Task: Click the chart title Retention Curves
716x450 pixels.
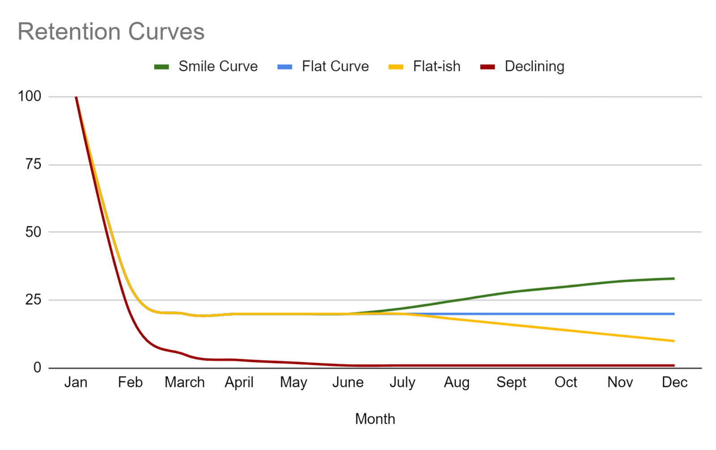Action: click(111, 32)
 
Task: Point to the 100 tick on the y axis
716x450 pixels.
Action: click(30, 96)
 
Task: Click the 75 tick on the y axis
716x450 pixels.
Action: click(33, 164)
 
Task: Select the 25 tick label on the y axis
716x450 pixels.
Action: click(33, 300)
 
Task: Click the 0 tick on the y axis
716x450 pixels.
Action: click(37, 368)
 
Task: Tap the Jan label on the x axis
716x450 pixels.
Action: click(76, 382)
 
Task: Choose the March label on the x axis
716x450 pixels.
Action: click(184, 382)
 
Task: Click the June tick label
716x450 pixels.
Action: click(348, 382)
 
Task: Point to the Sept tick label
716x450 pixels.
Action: click(511, 382)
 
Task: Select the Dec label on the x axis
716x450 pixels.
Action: click(674, 382)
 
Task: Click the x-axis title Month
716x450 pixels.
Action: click(375, 419)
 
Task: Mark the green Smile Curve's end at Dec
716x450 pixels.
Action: click(674, 279)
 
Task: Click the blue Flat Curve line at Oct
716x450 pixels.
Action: click(566, 314)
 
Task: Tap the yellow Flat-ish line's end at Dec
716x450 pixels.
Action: click(674, 341)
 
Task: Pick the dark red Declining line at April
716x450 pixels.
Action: click(239, 360)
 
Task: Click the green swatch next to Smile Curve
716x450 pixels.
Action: click(161, 67)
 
